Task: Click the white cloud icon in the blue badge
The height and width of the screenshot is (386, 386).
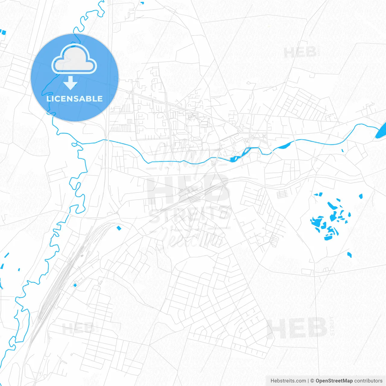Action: coord(74,59)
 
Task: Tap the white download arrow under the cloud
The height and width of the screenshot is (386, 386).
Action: coord(71,83)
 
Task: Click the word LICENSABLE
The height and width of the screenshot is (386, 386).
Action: coord(74,99)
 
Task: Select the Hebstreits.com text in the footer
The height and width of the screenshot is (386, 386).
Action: coord(288,381)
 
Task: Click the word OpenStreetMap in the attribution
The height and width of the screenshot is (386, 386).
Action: coord(334,381)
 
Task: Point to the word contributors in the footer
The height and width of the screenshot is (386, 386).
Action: coord(368,381)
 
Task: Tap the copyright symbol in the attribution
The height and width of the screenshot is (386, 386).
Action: coord(312,381)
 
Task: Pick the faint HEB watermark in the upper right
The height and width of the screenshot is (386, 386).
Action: coord(300,53)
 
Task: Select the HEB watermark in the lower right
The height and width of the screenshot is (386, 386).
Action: coord(297,328)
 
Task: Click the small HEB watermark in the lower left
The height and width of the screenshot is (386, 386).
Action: coord(79,328)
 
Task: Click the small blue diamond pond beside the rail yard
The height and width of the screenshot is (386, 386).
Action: coord(75,285)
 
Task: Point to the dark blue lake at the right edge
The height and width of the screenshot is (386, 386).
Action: coord(382,131)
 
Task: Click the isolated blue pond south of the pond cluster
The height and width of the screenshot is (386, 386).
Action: coord(350,255)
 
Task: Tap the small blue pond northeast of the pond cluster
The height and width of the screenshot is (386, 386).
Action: coord(361,197)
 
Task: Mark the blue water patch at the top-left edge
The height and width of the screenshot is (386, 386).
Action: coord(3,32)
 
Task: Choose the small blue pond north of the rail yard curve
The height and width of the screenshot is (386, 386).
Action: coord(119,228)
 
